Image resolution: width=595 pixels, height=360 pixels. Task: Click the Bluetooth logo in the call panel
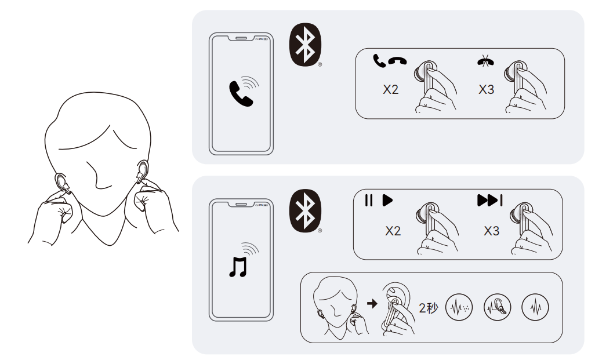pos(305,45)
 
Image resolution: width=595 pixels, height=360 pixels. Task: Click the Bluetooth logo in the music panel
pos(305,210)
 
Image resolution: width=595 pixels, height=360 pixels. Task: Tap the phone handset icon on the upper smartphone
pos(241,94)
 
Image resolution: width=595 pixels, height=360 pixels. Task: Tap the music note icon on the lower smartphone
pos(238,267)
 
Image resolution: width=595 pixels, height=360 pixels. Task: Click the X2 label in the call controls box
pos(390,89)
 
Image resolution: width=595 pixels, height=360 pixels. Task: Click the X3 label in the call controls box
pos(486,89)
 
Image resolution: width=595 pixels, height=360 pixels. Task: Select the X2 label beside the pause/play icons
pos(393,231)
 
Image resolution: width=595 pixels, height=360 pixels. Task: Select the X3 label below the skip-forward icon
pos(491,231)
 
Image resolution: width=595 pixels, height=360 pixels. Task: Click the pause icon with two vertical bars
pos(368,201)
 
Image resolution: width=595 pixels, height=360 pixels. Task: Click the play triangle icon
pos(387,201)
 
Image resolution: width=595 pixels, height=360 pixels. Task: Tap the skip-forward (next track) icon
pos(490,201)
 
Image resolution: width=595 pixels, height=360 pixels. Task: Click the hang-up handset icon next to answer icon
pos(397,61)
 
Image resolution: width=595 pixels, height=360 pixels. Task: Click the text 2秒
pos(429,308)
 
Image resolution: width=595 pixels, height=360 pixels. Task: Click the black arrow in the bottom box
pos(372,303)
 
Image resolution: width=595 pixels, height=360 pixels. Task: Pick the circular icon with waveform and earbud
pos(497,307)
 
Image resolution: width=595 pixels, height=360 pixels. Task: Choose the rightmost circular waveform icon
pos(535,307)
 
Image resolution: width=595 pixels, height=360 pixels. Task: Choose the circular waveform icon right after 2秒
pos(459,307)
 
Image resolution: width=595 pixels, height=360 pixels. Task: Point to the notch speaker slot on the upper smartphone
pos(241,38)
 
